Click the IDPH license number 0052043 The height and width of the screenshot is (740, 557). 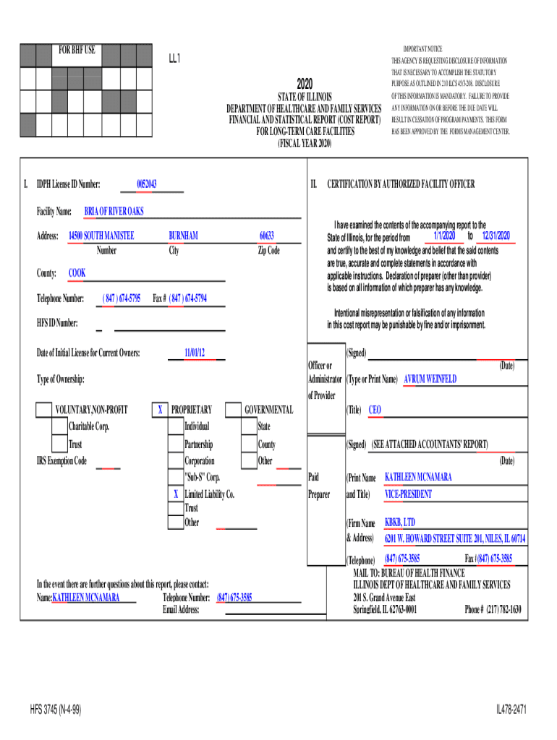click(x=147, y=184)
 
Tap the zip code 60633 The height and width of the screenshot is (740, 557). click(x=267, y=236)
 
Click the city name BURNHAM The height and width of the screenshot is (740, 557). click(x=183, y=236)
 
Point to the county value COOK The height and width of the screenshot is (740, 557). click(x=77, y=273)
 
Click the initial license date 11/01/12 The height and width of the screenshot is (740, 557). click(x=195, y=353)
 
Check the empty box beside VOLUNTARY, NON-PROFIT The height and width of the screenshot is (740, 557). click(x=44, y=410)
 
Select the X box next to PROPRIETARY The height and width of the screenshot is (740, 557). click(x=160, y=410)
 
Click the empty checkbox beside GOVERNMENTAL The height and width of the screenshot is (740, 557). click(x=233, y=410)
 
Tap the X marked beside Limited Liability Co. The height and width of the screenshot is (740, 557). click(x=175, y=494)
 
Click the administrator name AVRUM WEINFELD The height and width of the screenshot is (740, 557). click(x=430, y=379)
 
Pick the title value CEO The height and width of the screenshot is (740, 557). click(x=375, y=410)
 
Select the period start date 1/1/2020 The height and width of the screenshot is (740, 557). click(x=444, y=236)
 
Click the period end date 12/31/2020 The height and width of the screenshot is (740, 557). click(x=496, y=236)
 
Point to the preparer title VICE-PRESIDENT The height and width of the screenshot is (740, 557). click(x=408, y=494)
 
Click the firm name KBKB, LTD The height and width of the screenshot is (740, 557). click(x=400, y=522)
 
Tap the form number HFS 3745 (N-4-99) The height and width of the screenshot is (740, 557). click(x=56, y=710)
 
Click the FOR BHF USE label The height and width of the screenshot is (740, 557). click(x=77, y=51)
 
